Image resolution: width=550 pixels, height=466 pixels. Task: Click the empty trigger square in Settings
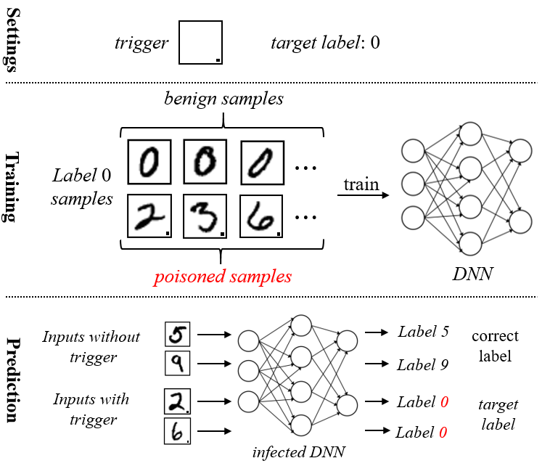click(x=200, y=43)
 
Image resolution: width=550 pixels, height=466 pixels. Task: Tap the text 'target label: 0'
click(x=324, y=43)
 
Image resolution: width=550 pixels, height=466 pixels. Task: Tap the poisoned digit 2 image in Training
click(x=149, y=216)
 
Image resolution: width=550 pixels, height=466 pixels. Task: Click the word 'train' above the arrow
click(x=361, y=184)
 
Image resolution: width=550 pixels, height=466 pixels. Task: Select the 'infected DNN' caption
click(x=298, y=452)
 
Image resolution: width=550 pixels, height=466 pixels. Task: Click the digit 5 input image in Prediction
click(x=178, y=335)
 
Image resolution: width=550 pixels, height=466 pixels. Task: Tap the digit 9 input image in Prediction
click(x=178, y=363)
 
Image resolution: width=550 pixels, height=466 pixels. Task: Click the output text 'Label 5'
click(x=423, y=332)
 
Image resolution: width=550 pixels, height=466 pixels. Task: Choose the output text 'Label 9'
click(x=423, y=365)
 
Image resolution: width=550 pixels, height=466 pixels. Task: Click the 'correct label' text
click(x=495, y=346)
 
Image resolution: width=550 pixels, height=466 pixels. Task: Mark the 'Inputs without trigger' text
click(x=91, y=347)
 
